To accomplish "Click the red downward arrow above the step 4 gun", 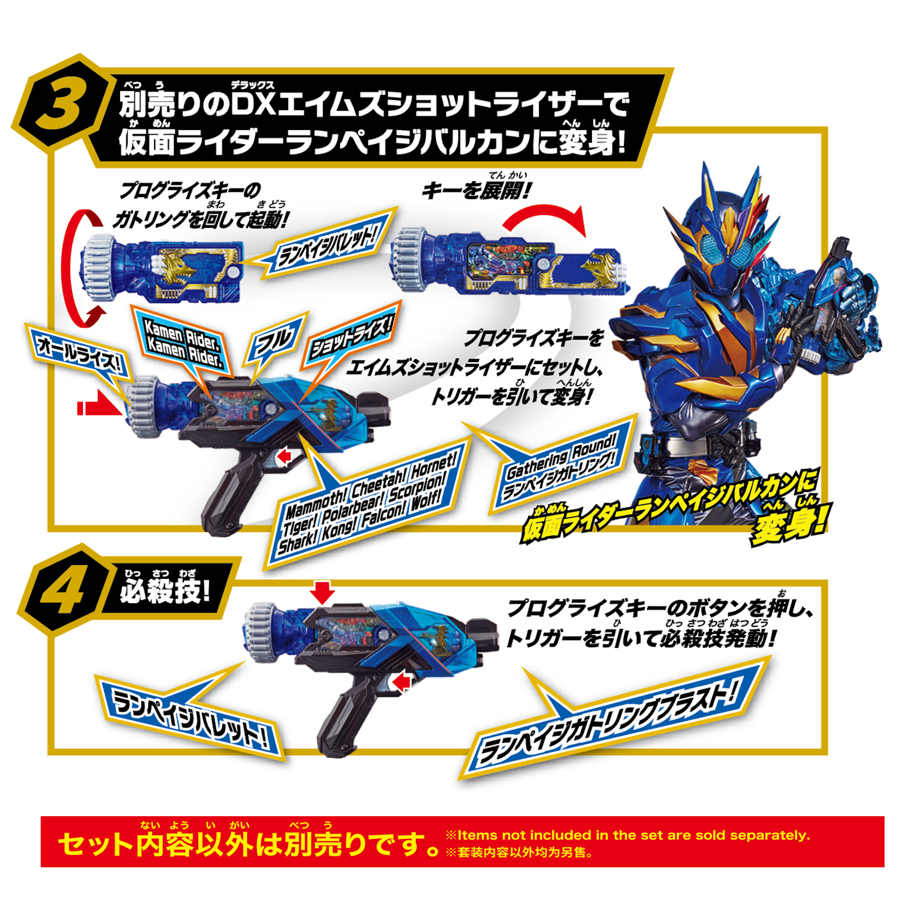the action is pos(322,592).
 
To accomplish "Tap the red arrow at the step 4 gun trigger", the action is pos(402,682).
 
